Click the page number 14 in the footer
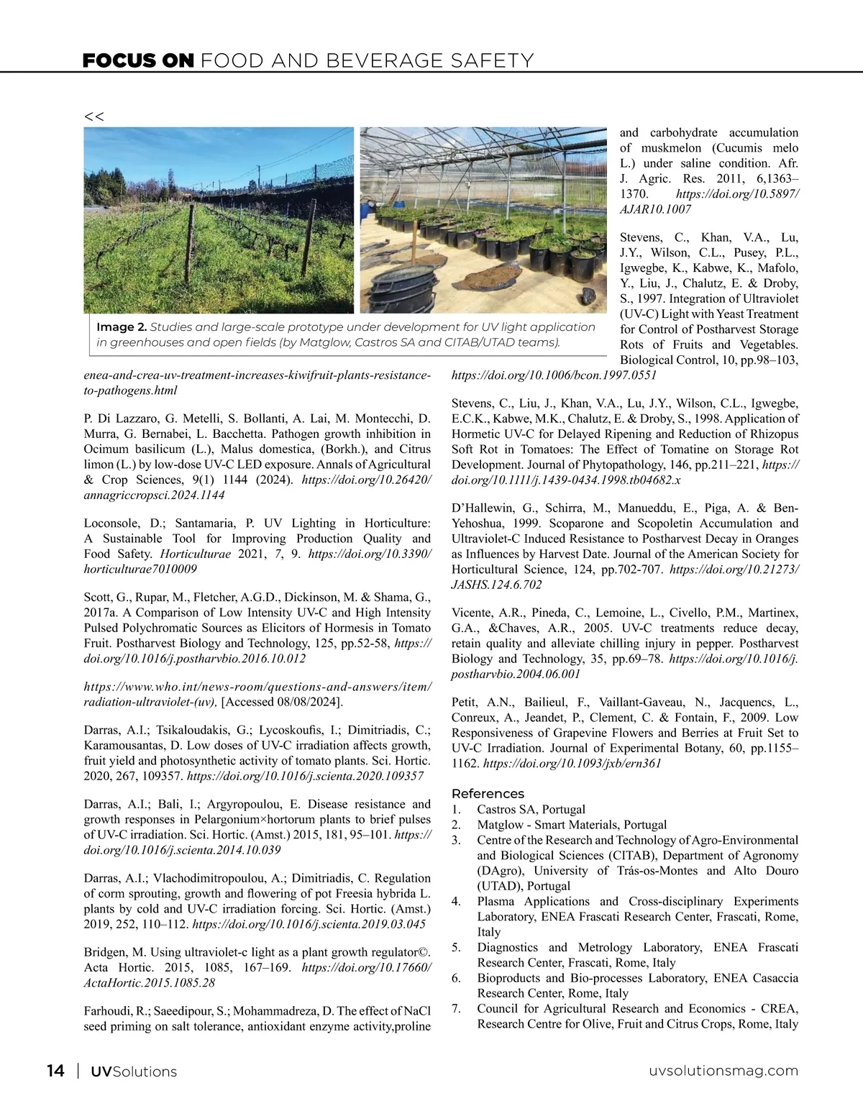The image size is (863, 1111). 55,1071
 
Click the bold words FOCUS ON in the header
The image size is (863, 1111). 138,61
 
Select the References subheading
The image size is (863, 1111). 488,794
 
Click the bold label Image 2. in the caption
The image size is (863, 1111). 122,328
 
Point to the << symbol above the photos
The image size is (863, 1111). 93,116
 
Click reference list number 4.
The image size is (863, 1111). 456,902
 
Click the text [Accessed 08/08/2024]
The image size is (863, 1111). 282,702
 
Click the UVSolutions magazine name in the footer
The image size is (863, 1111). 133,1071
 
